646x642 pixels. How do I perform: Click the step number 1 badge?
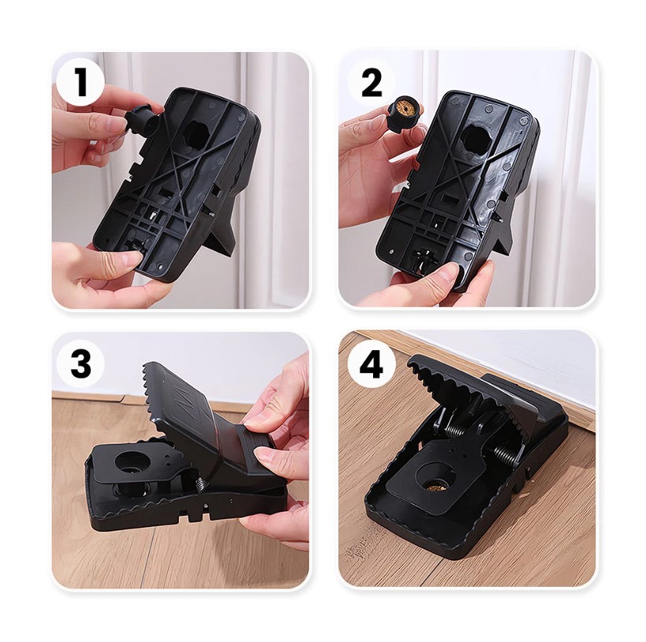tap(81, 82)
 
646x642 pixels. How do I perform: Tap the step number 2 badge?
tap(372, 82)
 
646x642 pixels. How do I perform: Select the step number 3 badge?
tap(80, 363)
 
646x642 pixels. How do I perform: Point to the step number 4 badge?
tap(372, 364)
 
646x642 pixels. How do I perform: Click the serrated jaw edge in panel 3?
tap(153, 396)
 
